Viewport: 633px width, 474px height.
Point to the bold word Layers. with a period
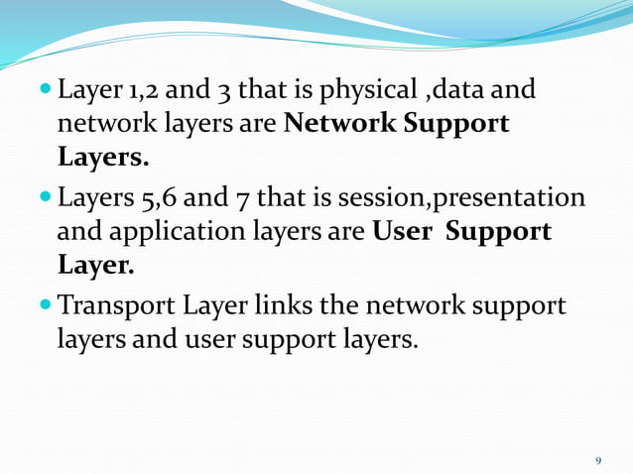[x=103, y=157]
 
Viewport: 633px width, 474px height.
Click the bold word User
[x=403, y=232]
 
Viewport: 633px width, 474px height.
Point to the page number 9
[x=597, y=460]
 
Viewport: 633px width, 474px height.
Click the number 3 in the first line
[x=227, y=93]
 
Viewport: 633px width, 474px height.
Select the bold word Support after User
[x=498, y=232]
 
